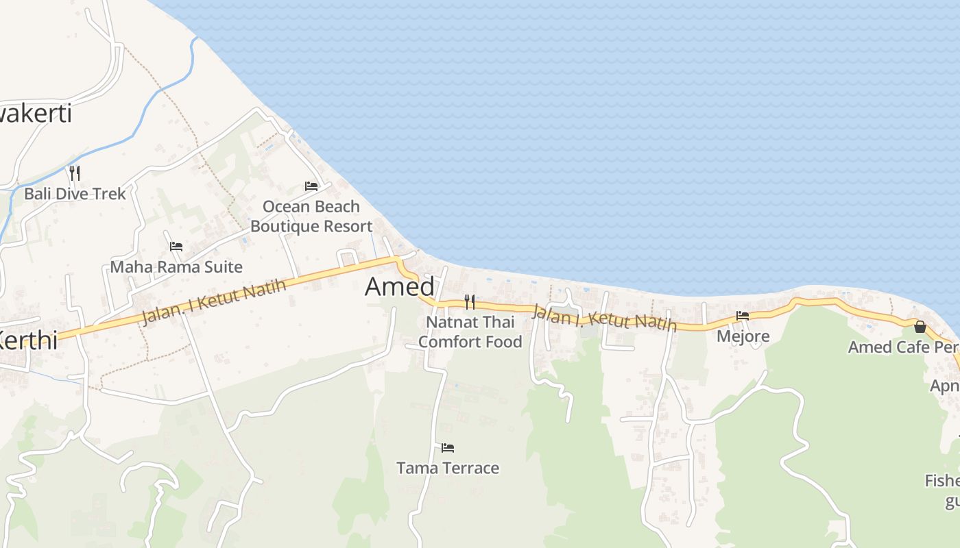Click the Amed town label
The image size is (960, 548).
click(400, 286)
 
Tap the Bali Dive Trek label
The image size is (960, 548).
click(75, 194)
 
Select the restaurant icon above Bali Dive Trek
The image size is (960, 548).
click(75, 173)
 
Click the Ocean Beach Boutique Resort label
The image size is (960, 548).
click(311, 216)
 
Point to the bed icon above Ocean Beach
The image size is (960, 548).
click(311, 186)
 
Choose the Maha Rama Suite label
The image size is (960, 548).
click(176, 266)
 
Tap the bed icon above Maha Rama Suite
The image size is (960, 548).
click(176, 246)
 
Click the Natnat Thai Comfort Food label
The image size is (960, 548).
click(470, 332)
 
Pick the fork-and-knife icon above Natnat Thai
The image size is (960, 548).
click(470, 301)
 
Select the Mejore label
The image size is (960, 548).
click(743, 336)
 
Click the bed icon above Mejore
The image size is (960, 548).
click(743, 316)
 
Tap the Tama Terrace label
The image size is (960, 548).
click(448, 469)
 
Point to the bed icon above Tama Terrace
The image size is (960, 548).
click(448, 448)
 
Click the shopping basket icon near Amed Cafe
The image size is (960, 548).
click(920, 327)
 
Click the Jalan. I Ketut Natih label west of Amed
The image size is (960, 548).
click(214, 302)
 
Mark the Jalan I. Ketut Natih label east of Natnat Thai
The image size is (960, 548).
click(604, 319)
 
